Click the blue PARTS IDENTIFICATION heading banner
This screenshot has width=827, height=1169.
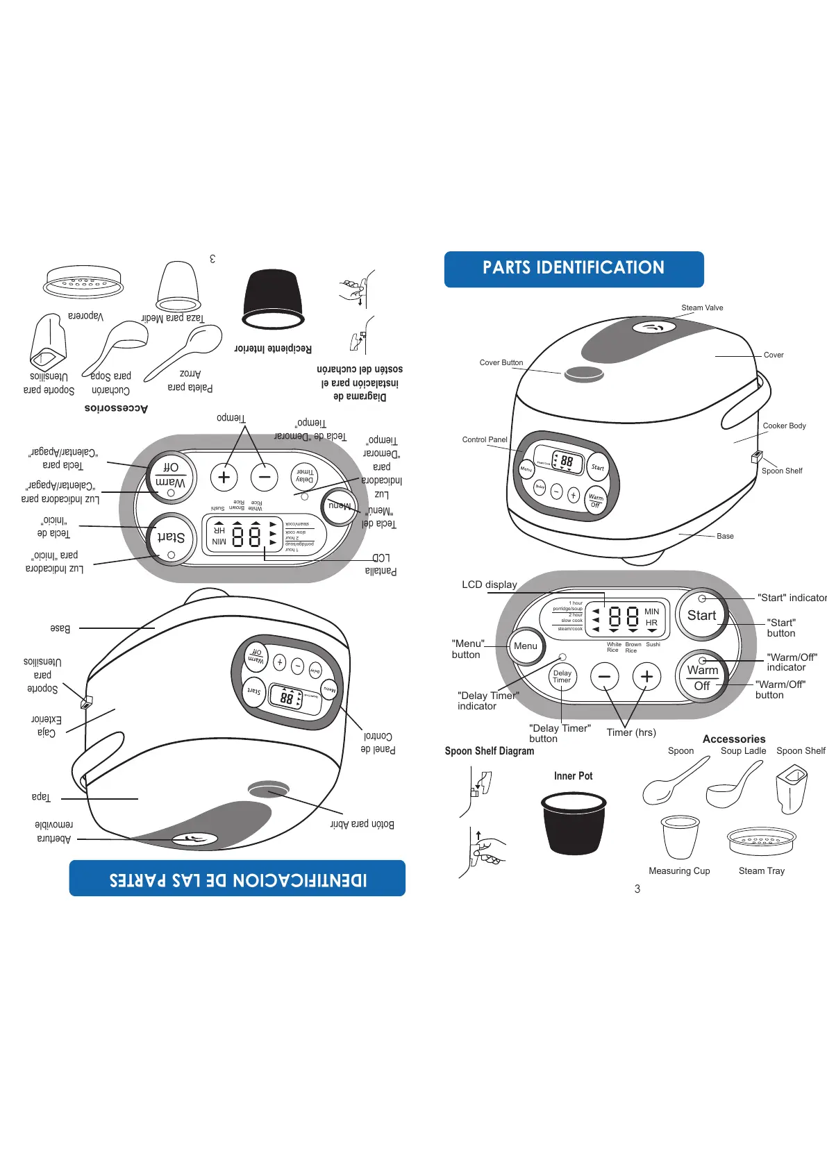(574, 269)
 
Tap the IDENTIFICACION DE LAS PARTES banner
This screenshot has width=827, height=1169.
(237, 879)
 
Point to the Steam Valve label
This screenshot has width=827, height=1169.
(702, 308)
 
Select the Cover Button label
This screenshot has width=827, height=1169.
(501, 362)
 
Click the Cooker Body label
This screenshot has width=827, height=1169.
(784, 426)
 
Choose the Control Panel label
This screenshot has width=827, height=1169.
(485, 439)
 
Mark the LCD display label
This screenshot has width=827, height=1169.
(490, 584)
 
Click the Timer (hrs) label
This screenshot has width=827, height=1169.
(630, 732)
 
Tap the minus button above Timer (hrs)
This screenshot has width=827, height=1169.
(604, 676)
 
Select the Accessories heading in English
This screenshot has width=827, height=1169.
(734, 739)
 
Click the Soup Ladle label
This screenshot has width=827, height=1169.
(743, 750)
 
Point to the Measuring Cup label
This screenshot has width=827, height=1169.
(679, 871)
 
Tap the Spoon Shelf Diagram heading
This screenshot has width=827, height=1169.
(490, 750)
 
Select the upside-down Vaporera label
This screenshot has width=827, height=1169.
(85, 317)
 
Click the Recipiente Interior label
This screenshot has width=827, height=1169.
(273, 348)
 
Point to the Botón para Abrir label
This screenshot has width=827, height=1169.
(362, 824)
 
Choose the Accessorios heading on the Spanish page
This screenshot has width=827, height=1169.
(116, 408)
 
